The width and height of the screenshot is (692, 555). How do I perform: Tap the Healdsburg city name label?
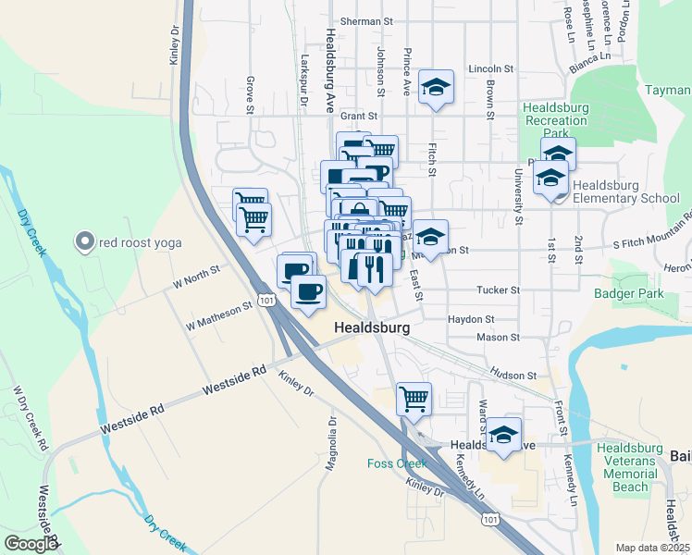tap(371, 327)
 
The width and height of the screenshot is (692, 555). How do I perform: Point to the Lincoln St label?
tap(490, 68)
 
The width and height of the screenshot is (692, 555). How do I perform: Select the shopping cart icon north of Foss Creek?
tap(414, 400)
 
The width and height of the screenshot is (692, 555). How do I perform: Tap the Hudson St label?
tap(513, 375)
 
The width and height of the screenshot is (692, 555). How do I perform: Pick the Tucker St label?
tap(498, 290)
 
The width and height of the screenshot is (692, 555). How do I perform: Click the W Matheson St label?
tap(218, 316)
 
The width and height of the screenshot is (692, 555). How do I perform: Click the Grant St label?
tap(359, 117)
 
